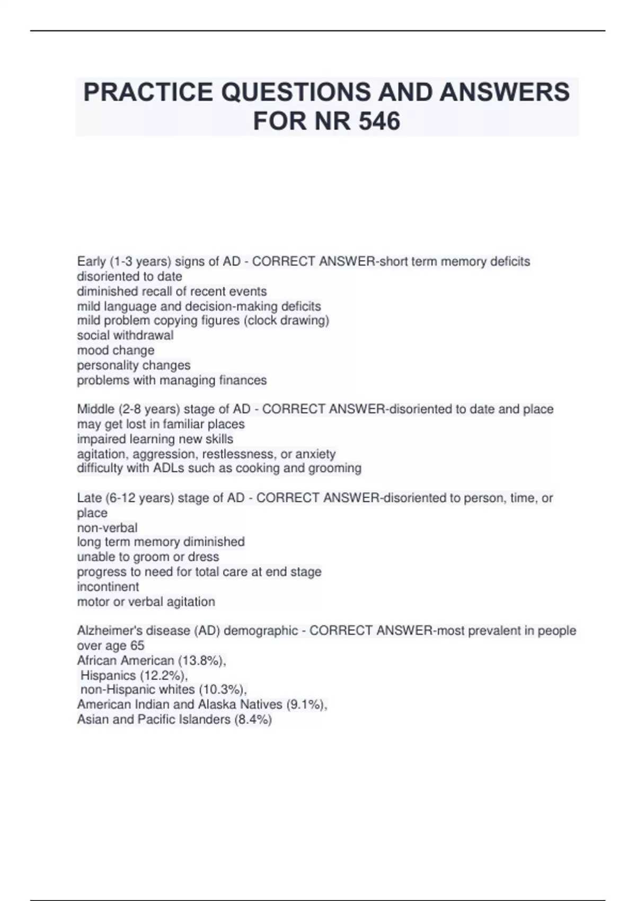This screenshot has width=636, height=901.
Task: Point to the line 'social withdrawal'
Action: pyautogui.click(x=125, y=335)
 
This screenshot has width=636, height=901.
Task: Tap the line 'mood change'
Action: pyautogui.click(x=116, y=350)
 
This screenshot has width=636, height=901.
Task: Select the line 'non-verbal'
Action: pyautogui.click(x=107, y=528)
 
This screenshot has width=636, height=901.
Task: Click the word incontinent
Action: pyautogui.click(x=108, y=587)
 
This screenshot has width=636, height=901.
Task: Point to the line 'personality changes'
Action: pyautogui.click(x=134, y=365)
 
